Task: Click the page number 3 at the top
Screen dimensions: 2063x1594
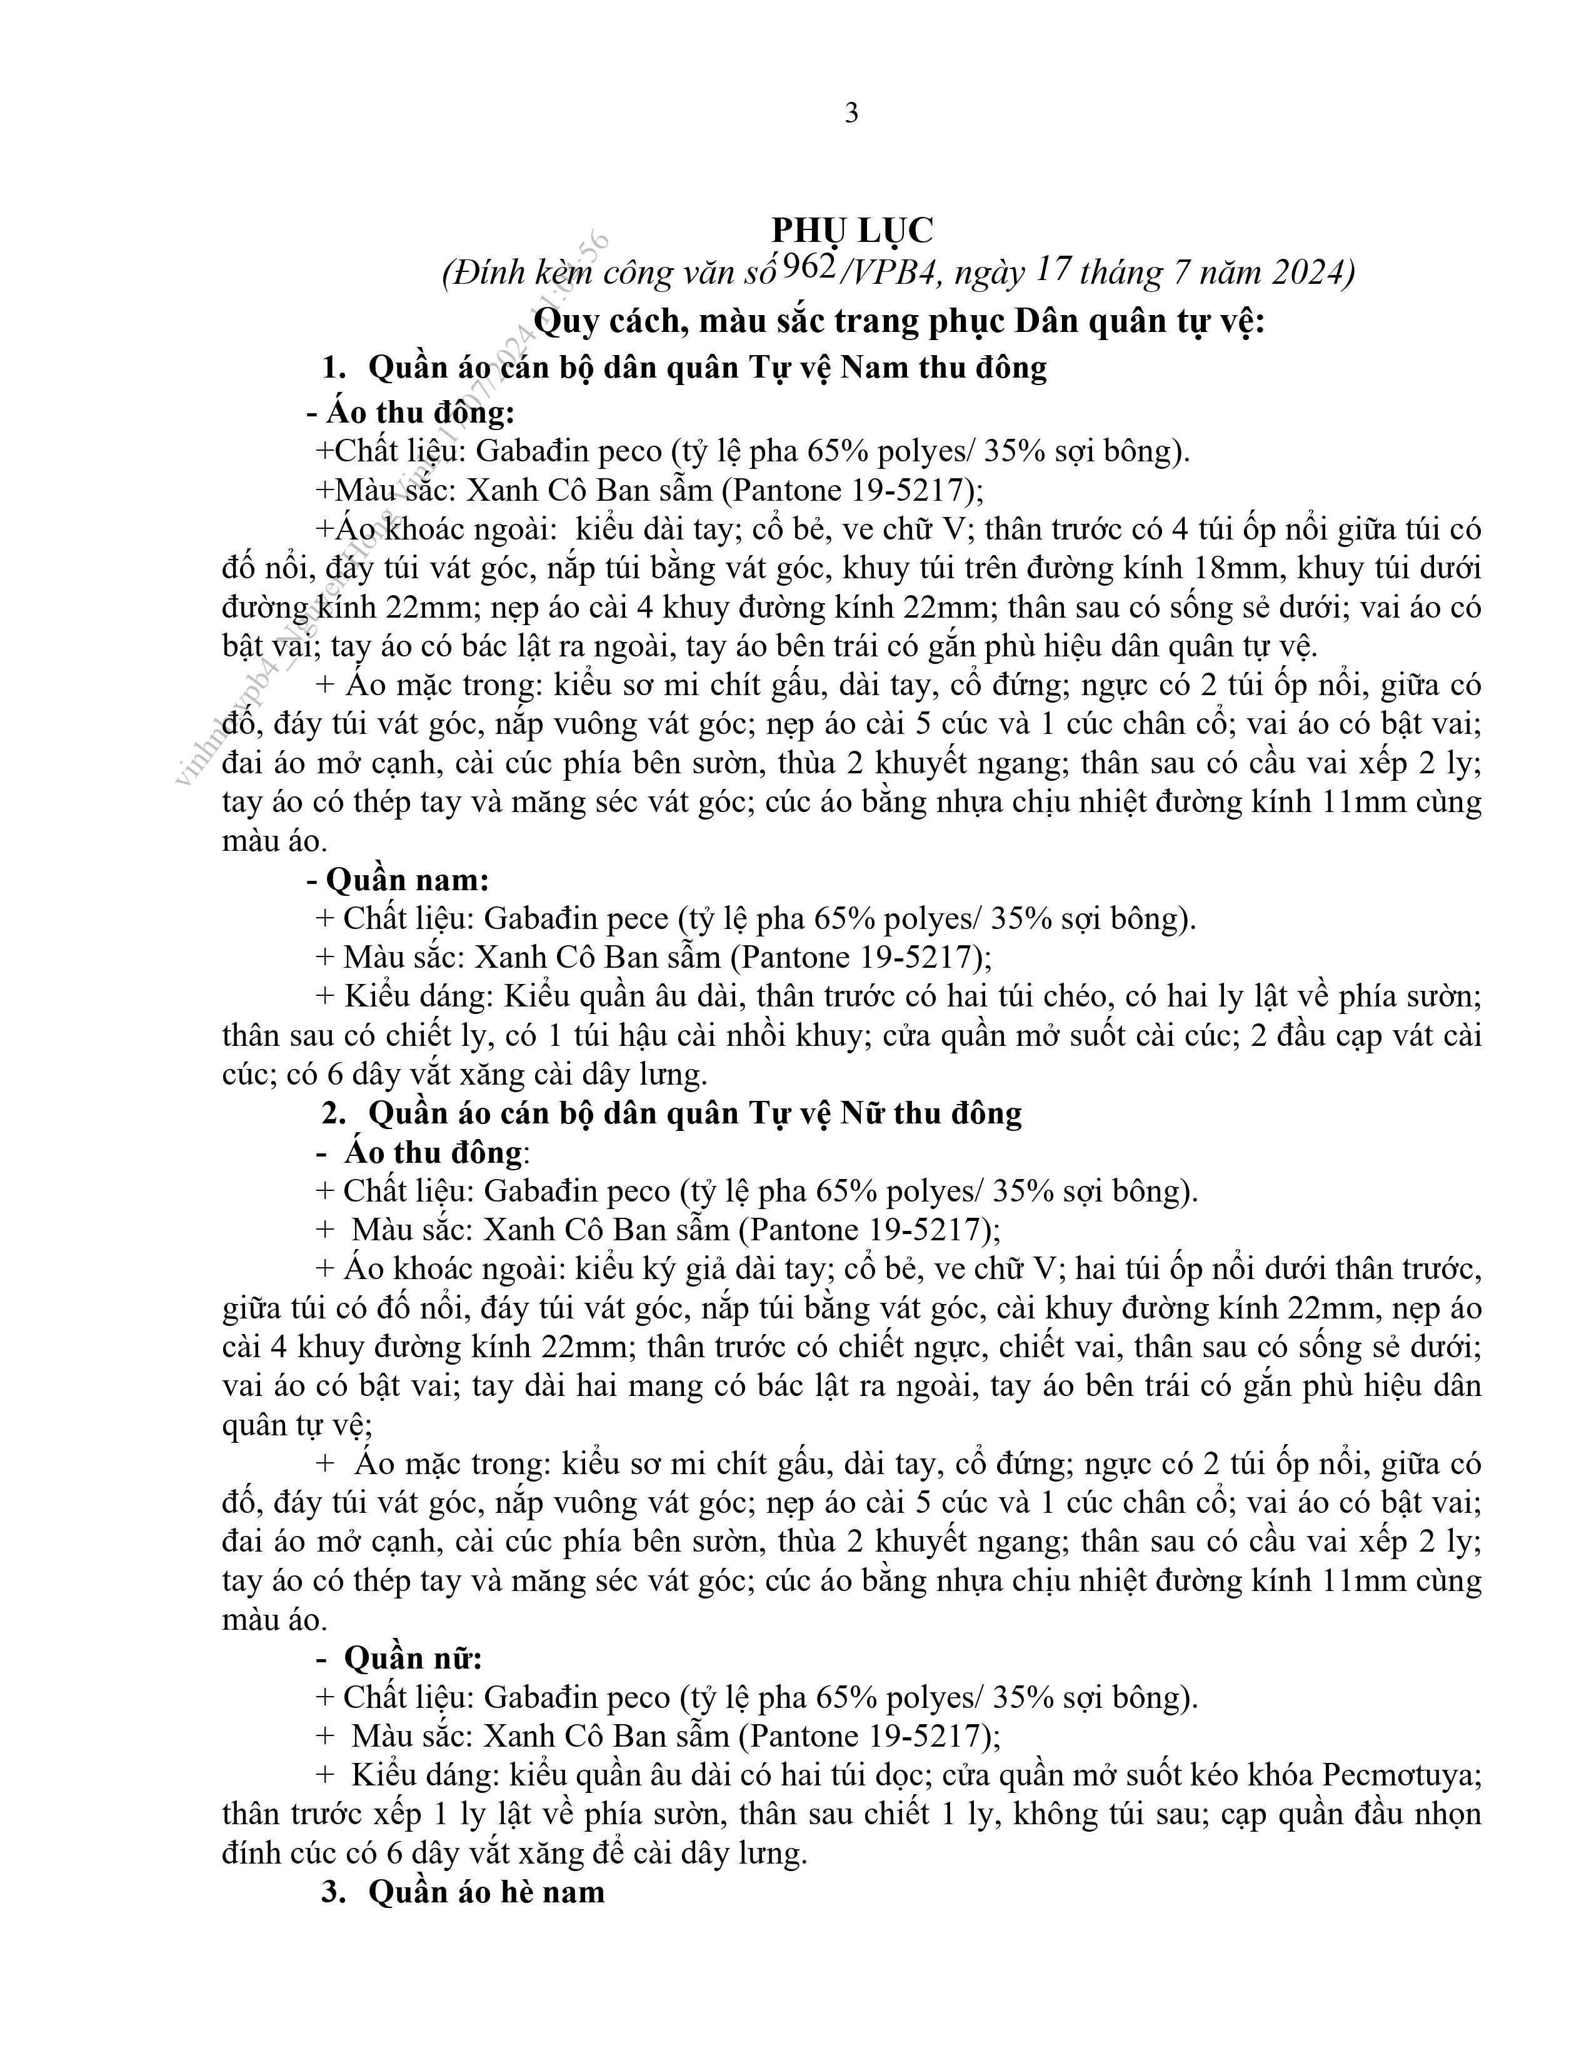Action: [851, 114]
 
